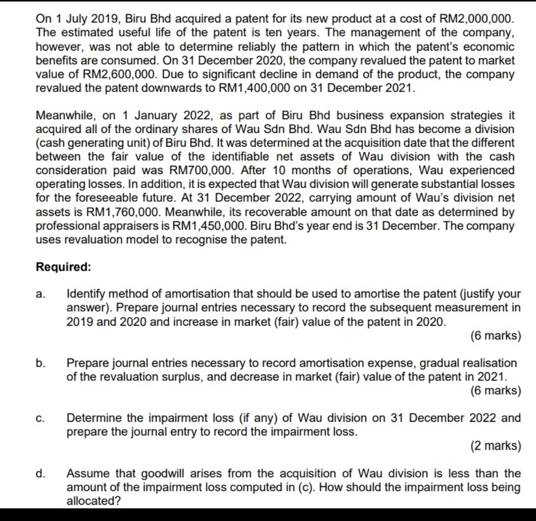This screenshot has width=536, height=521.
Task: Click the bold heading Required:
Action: tap(64, 268)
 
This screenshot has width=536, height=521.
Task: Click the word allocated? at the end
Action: tap(90, 501)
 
